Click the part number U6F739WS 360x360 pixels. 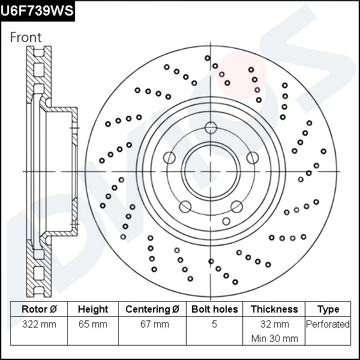pyautogui.click(x=37, y=10)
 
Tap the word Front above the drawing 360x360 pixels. pyautogui.click(x=26, y=37)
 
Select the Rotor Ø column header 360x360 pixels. pyautogui.click(x=39, y=309)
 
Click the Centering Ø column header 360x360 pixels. pyautogui.click(x=152, y=309)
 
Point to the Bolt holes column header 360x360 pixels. pyautogui.click(x=214, y=309)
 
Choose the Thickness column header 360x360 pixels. pyautogui.click(x=274, y=309)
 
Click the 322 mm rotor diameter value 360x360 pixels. pyautogui.click(x=39, y=325)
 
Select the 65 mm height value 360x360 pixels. pyautogui.click(x=93, y=325)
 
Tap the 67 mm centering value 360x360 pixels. pyautogui.click(x=152, y=325)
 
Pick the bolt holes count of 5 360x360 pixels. pyautogui.click(x=214, y=325)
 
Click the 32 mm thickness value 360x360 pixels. pyautogui.click(x=274, y=325)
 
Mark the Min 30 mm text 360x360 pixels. pyautogui.click(x=274, y=338)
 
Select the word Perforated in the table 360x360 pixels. pyautogui.click(x=328, y=325)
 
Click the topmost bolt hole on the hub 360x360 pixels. pyautogui.click(x=211, y=127)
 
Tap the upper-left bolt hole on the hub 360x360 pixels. pyautogui.click(x=169, y=158)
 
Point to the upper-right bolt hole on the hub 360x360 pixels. pyautogui.click(x=252, y=158)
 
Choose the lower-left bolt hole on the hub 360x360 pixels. pyautogui.click(x=185, y=206)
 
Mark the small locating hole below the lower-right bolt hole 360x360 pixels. pyautogui.click(x=226, y=221)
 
